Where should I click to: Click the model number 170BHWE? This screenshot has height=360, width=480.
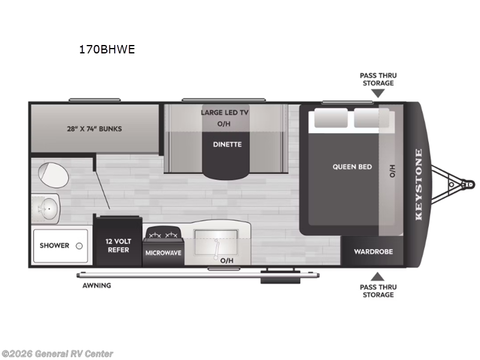click(107, 50)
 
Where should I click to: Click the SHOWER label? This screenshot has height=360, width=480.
click(55, 245)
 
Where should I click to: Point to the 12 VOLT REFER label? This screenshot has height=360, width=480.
click(118, 245)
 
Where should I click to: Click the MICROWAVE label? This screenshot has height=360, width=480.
click(163, 253)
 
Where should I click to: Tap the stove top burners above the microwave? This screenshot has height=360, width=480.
click(163, 233)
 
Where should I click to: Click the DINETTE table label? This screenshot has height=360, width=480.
click(227, 144)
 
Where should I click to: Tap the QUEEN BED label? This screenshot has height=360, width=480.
click(352, 167)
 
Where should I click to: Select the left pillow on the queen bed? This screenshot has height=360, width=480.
click(330, 118)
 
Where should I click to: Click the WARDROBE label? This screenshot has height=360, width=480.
click(373, 251)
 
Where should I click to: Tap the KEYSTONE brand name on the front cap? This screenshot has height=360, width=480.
click(419, 184)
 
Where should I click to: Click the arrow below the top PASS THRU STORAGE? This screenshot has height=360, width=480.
click(377, 93)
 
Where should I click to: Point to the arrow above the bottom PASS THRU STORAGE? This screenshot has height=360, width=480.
click(377, 277)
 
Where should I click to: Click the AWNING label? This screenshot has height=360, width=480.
click(97, 285)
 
